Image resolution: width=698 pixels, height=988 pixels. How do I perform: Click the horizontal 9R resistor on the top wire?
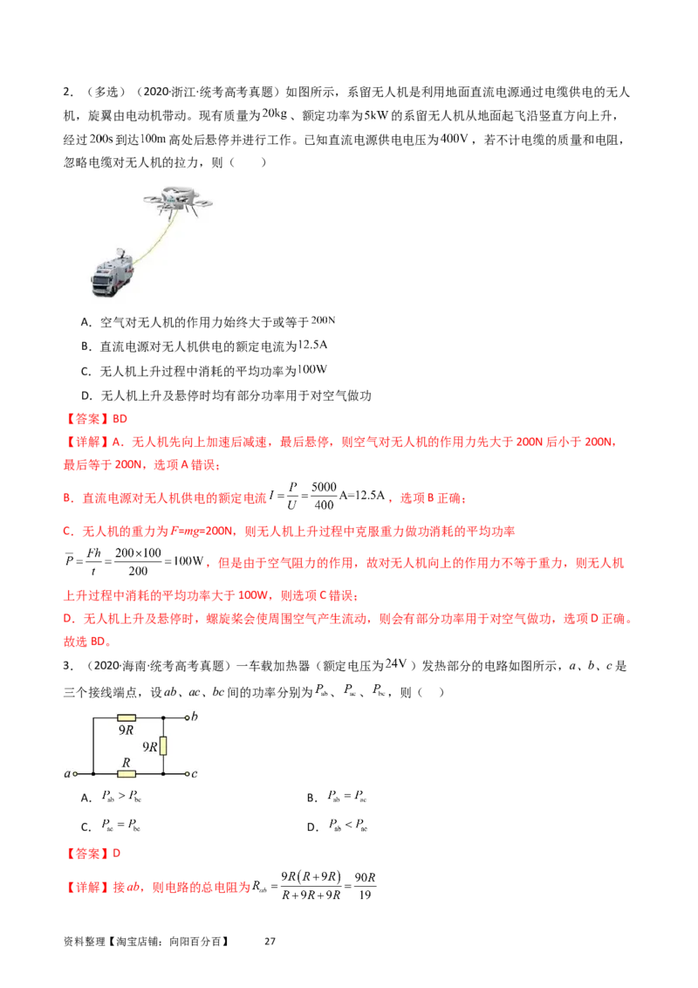[127, 717]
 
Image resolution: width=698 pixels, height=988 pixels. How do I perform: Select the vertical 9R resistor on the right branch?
[165, 745]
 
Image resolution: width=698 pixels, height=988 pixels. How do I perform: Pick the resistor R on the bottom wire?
[127, 773]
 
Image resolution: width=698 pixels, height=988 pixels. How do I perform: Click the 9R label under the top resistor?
[127, 732]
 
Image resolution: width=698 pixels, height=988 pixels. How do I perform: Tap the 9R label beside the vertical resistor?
[149, 746]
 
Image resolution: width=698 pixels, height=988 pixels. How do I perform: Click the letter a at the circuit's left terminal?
[66, 773]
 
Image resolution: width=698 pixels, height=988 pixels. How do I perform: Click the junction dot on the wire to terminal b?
[165, 717]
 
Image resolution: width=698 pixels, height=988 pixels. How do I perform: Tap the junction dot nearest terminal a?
[92, 773]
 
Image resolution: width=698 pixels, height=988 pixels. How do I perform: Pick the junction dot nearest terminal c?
[165, 773]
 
